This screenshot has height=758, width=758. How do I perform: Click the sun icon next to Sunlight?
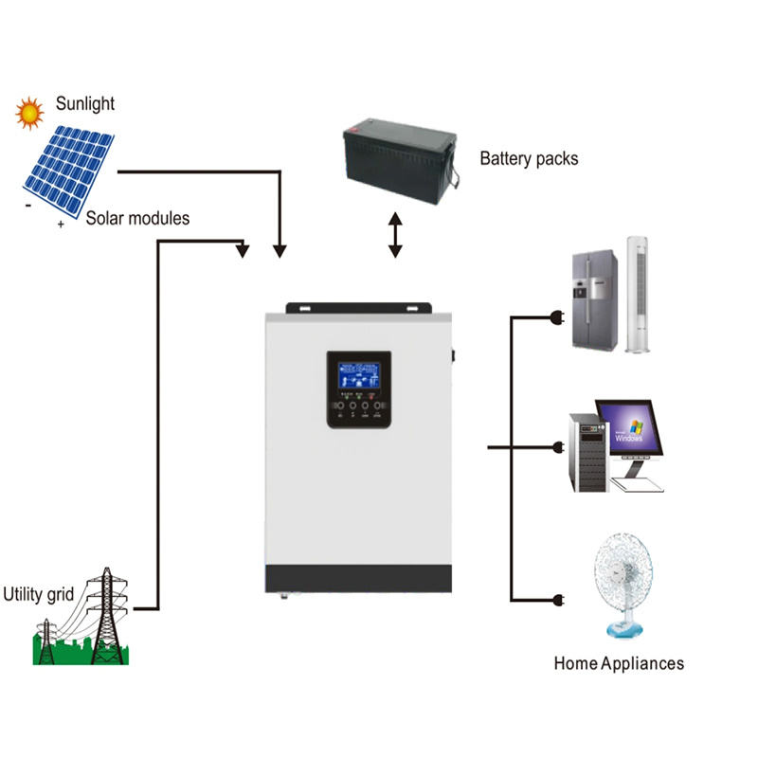(29, 113)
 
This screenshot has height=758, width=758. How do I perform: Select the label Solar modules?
(137, 218)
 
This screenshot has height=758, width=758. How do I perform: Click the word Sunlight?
(86, 102)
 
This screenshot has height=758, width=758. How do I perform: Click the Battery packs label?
(529, 158)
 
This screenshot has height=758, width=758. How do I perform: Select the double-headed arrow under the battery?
(395, 235)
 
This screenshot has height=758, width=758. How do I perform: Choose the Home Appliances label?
(618, 663)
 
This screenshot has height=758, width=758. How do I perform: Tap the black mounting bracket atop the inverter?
(358, 309)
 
